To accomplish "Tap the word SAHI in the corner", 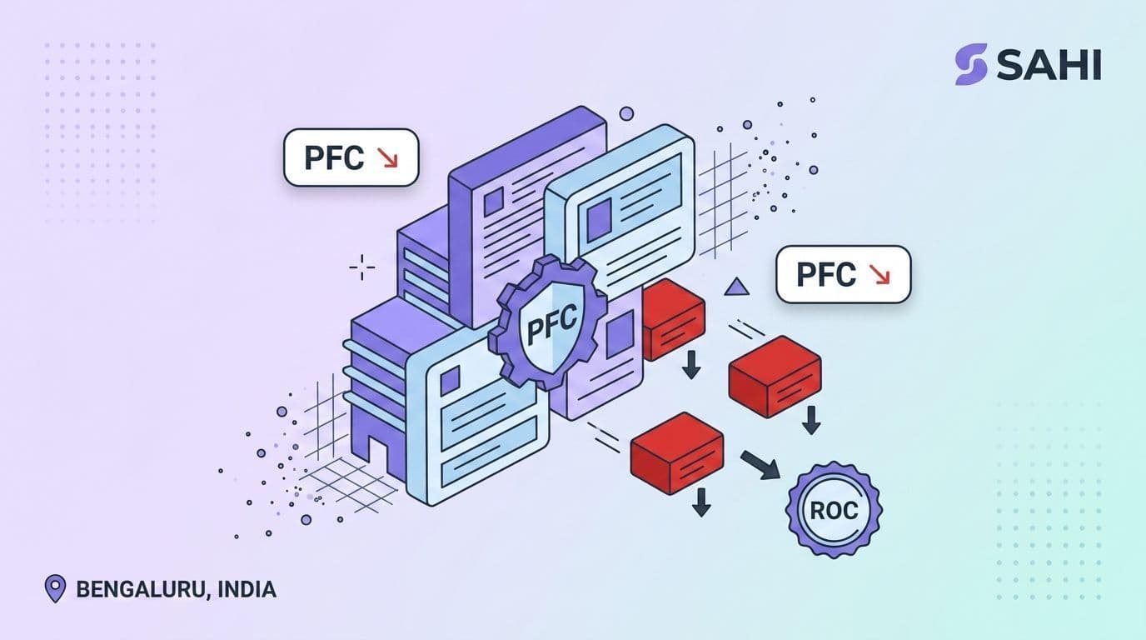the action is [x=1049, y=65].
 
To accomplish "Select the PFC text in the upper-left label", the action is [x=334, y=157].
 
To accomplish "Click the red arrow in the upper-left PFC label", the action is [x=387, y=157].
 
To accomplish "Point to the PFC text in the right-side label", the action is [x=826, y=274].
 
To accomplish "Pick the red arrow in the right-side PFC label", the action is [x=880, y=274].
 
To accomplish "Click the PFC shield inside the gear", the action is [x=552, y=323].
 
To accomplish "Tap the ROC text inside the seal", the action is [x=835, y=511].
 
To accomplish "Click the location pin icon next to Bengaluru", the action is [x=55, y=588].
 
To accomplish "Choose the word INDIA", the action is [x=247, y=589].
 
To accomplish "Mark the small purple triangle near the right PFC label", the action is [x=737, y=287].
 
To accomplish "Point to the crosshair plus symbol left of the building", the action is [x=362, y=267].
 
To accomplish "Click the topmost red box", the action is [x=673, y=320].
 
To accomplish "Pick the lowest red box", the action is [x=677, y=453].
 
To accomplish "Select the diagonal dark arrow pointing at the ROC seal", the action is [x=760, y=465].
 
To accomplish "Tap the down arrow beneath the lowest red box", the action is [x=701, y=502].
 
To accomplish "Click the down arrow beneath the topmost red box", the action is [x=692, y=365].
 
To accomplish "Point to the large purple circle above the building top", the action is [x=626, y=113].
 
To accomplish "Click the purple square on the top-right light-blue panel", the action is [x=599, y=219].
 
